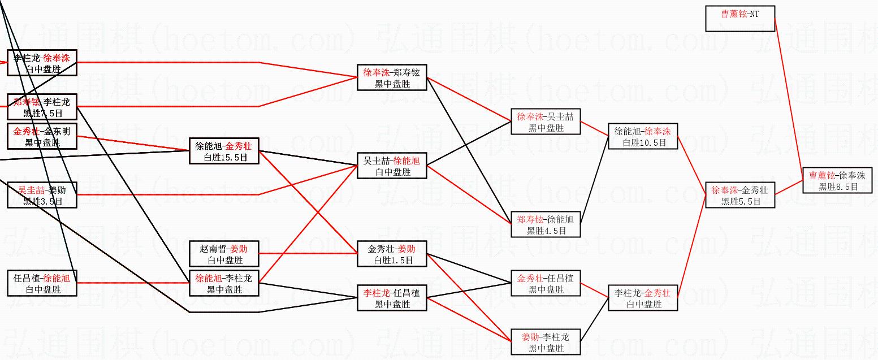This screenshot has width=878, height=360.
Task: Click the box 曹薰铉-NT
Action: [739, 19]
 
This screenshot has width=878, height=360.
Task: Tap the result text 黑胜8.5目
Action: [838, 186]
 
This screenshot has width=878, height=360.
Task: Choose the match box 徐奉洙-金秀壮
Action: [739, 195]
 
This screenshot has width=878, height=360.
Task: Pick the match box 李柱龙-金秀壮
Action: [642, 298]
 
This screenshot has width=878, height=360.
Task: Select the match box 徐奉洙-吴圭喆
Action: [545, 122]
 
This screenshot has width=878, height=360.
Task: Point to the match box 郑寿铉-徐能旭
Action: [545, 224]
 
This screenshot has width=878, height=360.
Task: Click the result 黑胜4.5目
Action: [546, 231]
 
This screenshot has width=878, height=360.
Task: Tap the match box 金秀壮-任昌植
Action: [545, 283]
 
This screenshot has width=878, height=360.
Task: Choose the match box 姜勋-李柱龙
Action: [545, 342]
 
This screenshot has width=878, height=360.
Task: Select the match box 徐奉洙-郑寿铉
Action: [392, 77]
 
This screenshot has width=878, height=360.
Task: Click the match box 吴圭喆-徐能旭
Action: [392, 166]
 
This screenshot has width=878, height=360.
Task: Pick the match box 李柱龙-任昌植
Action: [392, 298]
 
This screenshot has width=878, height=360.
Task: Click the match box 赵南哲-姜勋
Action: [224, 254]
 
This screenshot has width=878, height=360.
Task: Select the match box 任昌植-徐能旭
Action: [42, 283]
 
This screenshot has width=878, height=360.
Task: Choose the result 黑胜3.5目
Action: [42, 201]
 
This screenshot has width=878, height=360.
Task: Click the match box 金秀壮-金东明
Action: [42, 136]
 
